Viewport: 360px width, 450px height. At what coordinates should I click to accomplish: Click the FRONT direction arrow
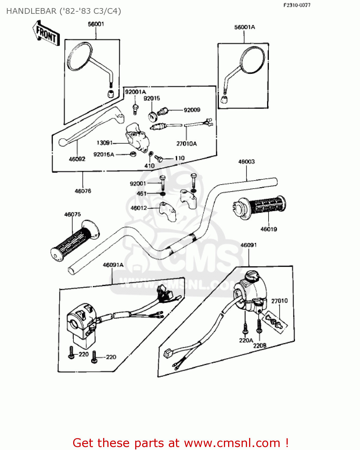(x=46, y=33)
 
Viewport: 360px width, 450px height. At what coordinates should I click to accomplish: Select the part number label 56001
(x=96, y=24)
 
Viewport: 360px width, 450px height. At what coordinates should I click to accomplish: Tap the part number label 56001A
(x=245, y=27)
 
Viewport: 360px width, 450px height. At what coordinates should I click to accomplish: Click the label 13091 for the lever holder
(x=105, y=143)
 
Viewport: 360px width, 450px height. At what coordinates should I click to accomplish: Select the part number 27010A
(x=186, y=144)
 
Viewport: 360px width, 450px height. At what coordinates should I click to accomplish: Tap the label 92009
(x=192, y=110)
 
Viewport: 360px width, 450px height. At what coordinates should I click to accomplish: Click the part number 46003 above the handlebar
(x=246, y=162)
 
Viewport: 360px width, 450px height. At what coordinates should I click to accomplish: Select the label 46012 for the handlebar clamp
(x=139, y=208)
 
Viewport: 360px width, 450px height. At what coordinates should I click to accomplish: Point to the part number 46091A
(x=113, y=265)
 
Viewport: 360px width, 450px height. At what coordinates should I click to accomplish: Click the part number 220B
(x=260, y=346)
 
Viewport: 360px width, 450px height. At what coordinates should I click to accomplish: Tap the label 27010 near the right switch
(x=279, y=301)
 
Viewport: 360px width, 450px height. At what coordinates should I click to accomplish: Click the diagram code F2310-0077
(x=297, y=5)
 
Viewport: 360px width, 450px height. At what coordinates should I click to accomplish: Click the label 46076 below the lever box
(x=83, y=191)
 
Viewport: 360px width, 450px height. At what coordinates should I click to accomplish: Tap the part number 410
(x=149, y=166)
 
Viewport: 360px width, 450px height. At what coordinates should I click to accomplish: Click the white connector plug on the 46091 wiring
(x=167, y=354)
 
